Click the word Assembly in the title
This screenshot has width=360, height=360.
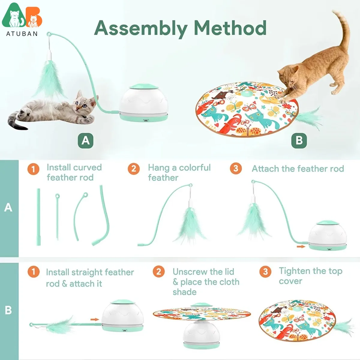coord(141,28)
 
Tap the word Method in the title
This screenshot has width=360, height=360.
coord(230,28)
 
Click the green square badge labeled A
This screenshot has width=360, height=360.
coord(85,140)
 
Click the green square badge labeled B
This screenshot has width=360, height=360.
coord(299,140)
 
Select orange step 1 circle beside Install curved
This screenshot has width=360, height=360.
coord(33,169)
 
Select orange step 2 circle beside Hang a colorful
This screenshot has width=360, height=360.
coord(134,169)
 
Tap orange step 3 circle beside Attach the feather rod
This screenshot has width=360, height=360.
coord(236,169)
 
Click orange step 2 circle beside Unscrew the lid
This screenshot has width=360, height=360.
coord(159,272)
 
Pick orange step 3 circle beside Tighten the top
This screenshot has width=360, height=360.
coord(265,272)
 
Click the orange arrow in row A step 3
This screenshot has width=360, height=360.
coord(300,247)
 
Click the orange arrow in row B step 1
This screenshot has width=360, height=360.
coord(94,319)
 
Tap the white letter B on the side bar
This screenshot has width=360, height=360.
coord(8,310)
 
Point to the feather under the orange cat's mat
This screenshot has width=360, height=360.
coord(309,117)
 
